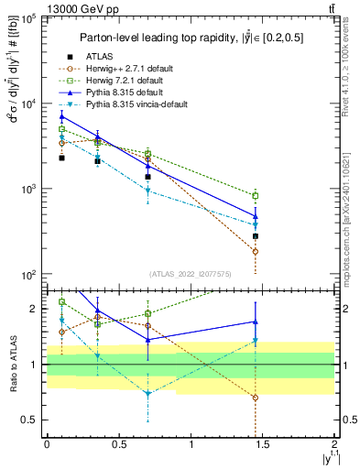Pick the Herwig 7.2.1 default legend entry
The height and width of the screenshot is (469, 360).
click(135, 81)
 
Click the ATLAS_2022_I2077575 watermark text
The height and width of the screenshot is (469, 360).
click(190, 274)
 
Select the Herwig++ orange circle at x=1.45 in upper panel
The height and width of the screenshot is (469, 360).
click(256, 251)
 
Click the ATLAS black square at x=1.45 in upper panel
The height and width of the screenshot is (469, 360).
click(256, 235)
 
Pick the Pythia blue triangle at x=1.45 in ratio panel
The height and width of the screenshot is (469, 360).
click(256, 322)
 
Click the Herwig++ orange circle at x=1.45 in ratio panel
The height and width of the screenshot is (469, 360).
click(256, 398)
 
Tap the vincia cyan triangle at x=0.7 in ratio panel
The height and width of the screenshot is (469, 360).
click(147, 394)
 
